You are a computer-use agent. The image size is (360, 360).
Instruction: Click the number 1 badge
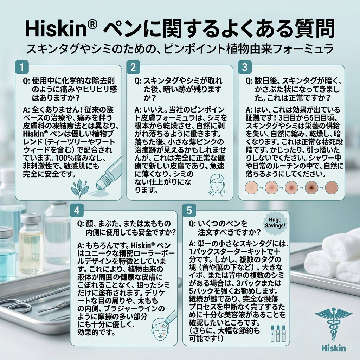point(22,67)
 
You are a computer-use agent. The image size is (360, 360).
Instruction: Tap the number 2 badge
point(133,67)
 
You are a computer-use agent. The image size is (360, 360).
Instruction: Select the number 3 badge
point(245,67)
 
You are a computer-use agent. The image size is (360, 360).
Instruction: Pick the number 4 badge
point(77,210)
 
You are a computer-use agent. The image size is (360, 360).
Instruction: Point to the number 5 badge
point(189,210)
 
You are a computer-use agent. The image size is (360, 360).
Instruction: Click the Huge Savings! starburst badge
point(275,223)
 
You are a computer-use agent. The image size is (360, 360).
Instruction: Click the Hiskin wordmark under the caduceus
point(334,348)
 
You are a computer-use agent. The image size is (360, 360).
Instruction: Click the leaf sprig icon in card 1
point(80,189)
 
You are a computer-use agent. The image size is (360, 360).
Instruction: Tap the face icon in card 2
point(217,185)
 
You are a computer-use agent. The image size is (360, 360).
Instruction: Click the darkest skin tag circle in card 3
point(311,187)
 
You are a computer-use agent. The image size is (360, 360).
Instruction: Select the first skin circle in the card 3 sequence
point(252,187)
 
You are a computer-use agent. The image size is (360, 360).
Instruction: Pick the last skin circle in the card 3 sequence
point(332,187)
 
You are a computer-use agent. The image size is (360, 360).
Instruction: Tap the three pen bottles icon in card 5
point(278,333)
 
